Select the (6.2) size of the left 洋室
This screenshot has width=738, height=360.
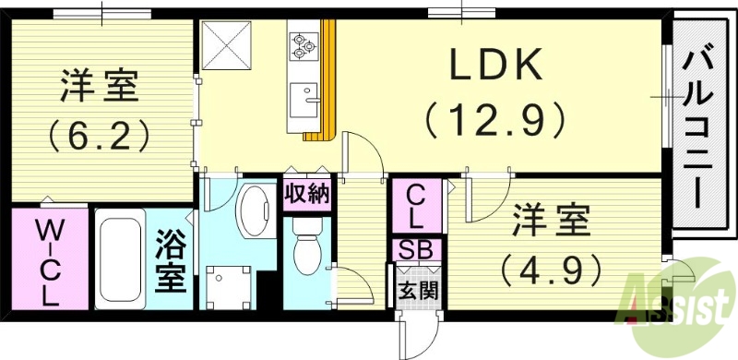pyautogui.click(x=100, y=138)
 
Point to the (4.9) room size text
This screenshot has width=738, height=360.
pyautogui.click(x=550, y=269)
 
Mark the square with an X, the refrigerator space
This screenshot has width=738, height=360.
pyautogui.click(x=223, y=43)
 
